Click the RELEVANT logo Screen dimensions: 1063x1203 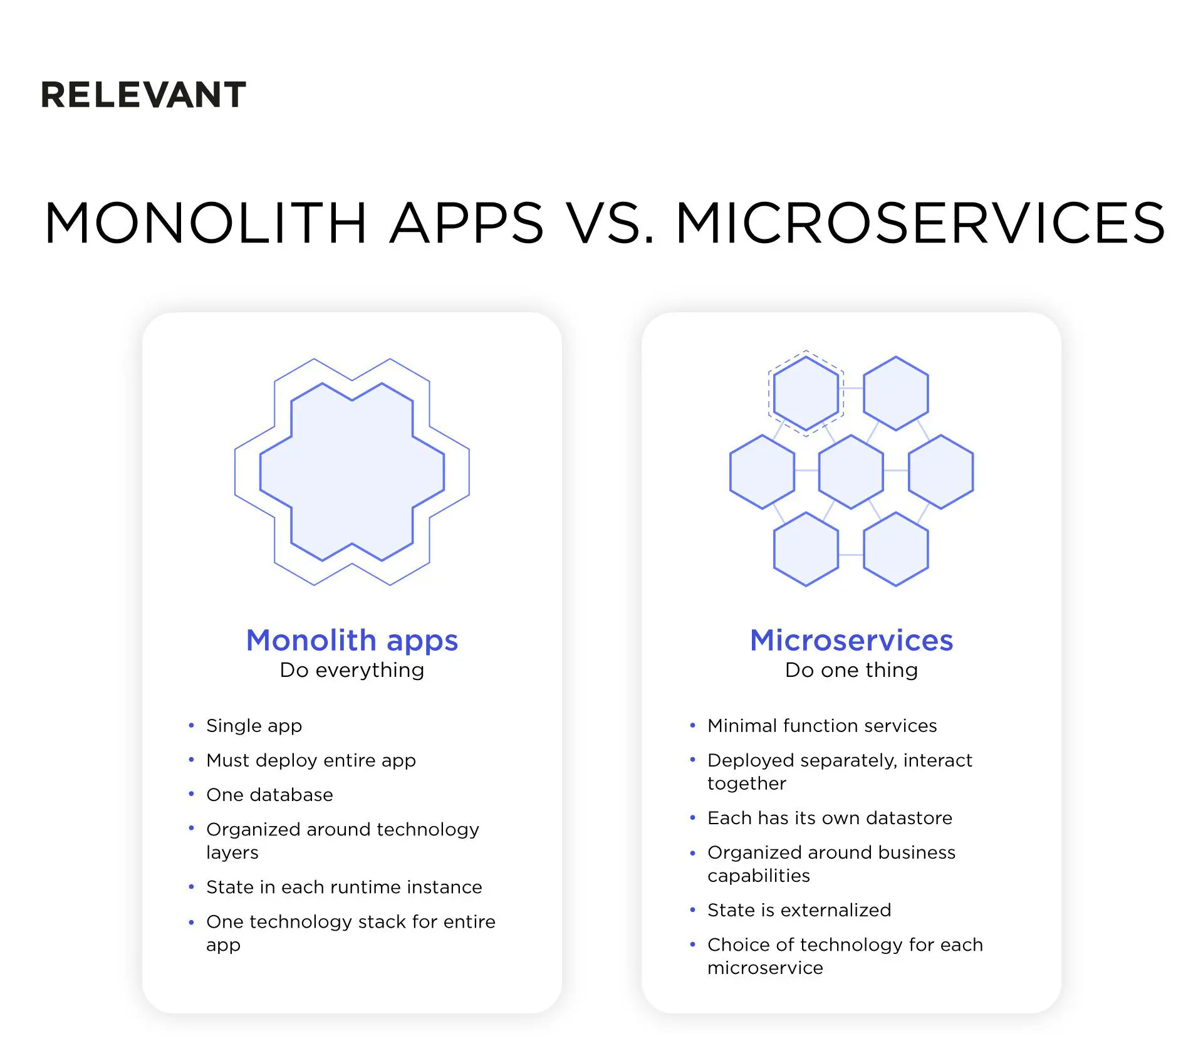click(143, 95)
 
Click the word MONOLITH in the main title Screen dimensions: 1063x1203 click(206, 223)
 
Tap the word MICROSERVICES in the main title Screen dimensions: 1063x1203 click(920, 223)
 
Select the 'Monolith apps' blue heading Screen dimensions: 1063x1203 click(352, 641)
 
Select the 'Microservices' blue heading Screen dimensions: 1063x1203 click(851, 641)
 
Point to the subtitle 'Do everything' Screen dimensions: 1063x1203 click(352, 670)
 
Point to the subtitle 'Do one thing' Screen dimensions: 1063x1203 click(851, 670)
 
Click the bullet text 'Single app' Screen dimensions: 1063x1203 click(254, 726)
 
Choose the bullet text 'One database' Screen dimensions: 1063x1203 click(269, 795)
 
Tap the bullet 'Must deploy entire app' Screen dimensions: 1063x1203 click(311, 760)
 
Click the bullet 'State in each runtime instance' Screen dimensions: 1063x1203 click(344, 887)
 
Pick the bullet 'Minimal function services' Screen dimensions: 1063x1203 click(822, 726)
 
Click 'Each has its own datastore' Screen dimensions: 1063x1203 click(830, 818)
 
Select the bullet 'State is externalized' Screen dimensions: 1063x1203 click(799, 910)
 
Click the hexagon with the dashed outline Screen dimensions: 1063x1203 click(806, 393)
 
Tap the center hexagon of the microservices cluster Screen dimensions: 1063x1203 click(851, 471)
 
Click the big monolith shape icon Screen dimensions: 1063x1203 click(352, 471)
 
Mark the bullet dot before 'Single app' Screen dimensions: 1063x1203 click(191, 725)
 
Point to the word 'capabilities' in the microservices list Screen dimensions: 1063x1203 click(758, 876)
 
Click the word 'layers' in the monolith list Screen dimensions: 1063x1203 click(232, 853)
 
